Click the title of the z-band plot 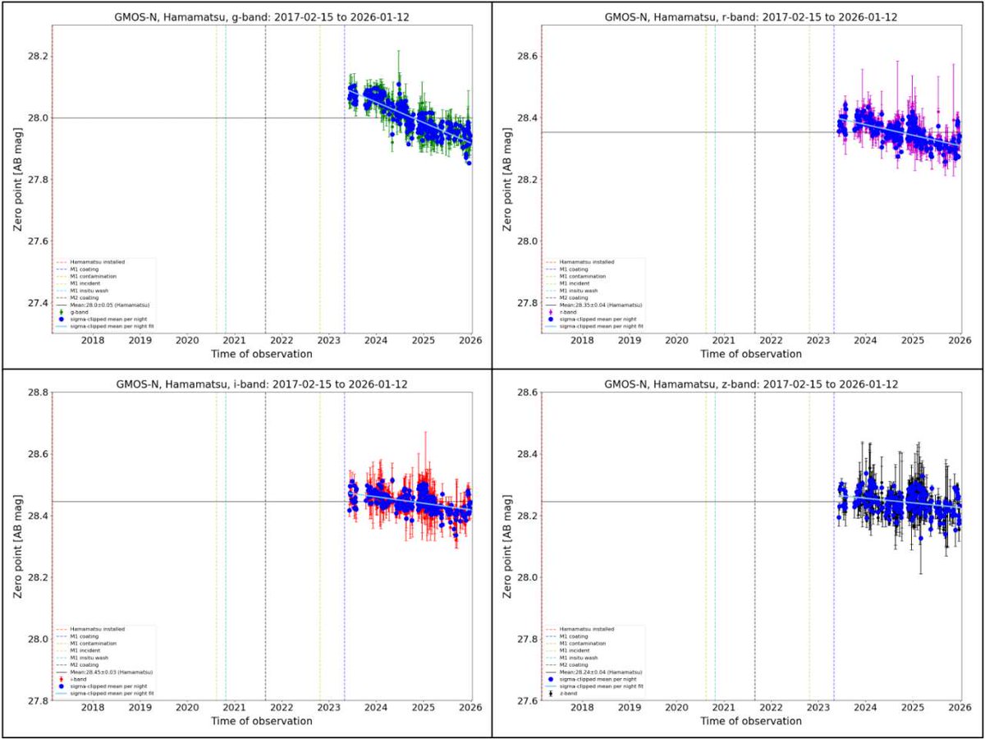tap(751, 383)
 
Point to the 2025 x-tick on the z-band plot tap(913, 708)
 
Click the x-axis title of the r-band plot tap(751, 354)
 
